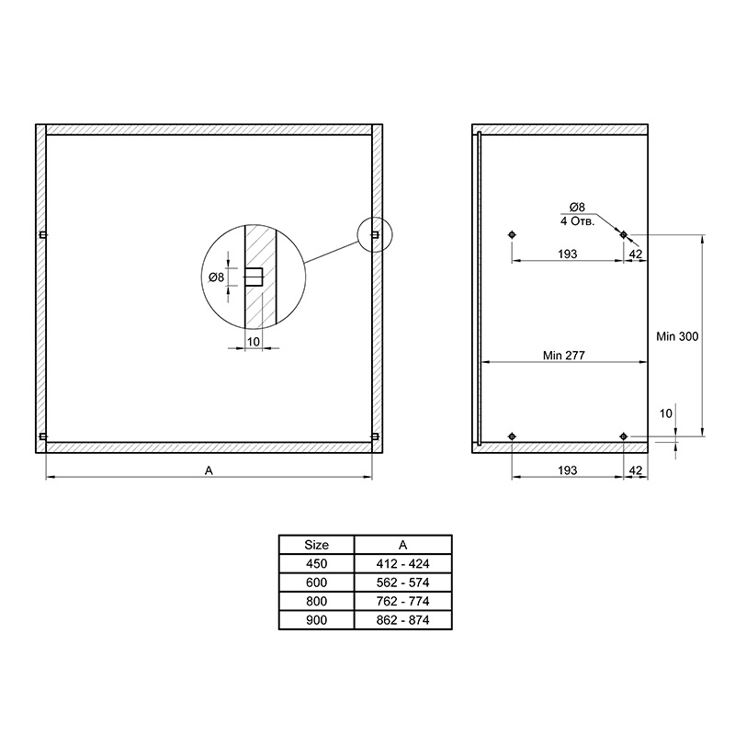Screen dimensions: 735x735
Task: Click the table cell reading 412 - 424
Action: [x=402, y=563]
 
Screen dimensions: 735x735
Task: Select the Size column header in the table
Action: [x=316, y=545]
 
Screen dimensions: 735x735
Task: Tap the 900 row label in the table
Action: [x=316, y=620]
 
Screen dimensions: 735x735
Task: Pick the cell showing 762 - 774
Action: [x=402, y=601]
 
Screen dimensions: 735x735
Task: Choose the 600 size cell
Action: [x=316, y=582]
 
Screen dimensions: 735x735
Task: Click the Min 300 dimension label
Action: [x=677, y=336]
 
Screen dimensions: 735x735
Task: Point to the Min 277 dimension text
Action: [x=563, y=356]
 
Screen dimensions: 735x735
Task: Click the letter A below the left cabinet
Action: [x=209, y=470]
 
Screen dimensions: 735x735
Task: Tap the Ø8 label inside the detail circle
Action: [x=216, y=277]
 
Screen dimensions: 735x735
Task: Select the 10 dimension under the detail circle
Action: [x=254, y=342]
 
